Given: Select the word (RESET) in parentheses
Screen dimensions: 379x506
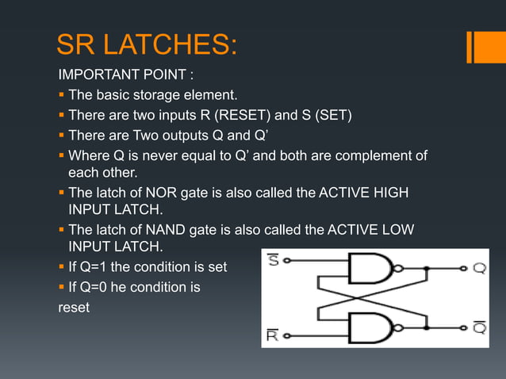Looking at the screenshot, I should click(270, 116).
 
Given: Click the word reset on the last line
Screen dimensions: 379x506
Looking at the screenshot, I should click(74, 307).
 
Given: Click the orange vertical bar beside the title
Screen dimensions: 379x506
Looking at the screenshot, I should click(471, 46).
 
